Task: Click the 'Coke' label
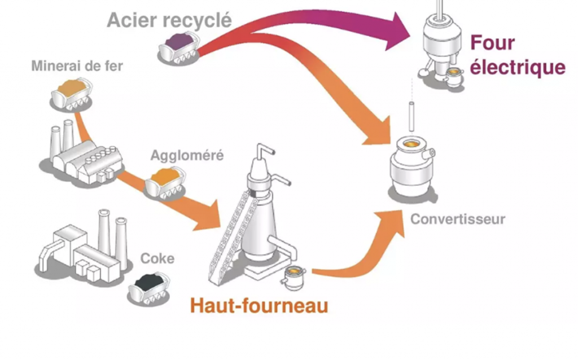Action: point(157,259)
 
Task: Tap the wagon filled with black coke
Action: point(149,288)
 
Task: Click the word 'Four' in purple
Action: point(493,42)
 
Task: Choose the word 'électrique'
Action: point(518,67)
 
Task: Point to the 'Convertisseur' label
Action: point(458,218)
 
